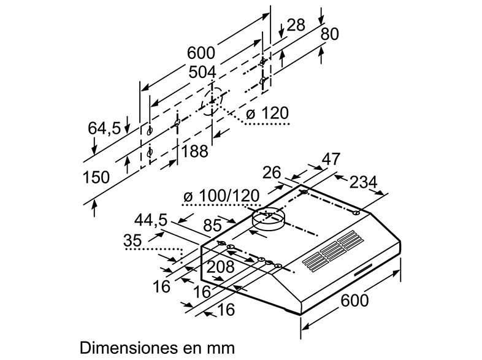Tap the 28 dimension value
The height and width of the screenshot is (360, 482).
(296, 26)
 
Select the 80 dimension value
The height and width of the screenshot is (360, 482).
(329, 34)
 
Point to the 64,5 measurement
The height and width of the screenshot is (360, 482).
(104, 129)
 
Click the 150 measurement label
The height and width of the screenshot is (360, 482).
(96, 178)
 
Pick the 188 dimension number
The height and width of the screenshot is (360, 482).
(195, 150)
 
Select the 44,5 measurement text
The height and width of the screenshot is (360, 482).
(151, 220)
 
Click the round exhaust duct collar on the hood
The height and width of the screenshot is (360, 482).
(269, 219)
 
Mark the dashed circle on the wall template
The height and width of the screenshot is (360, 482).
(212, 101)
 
